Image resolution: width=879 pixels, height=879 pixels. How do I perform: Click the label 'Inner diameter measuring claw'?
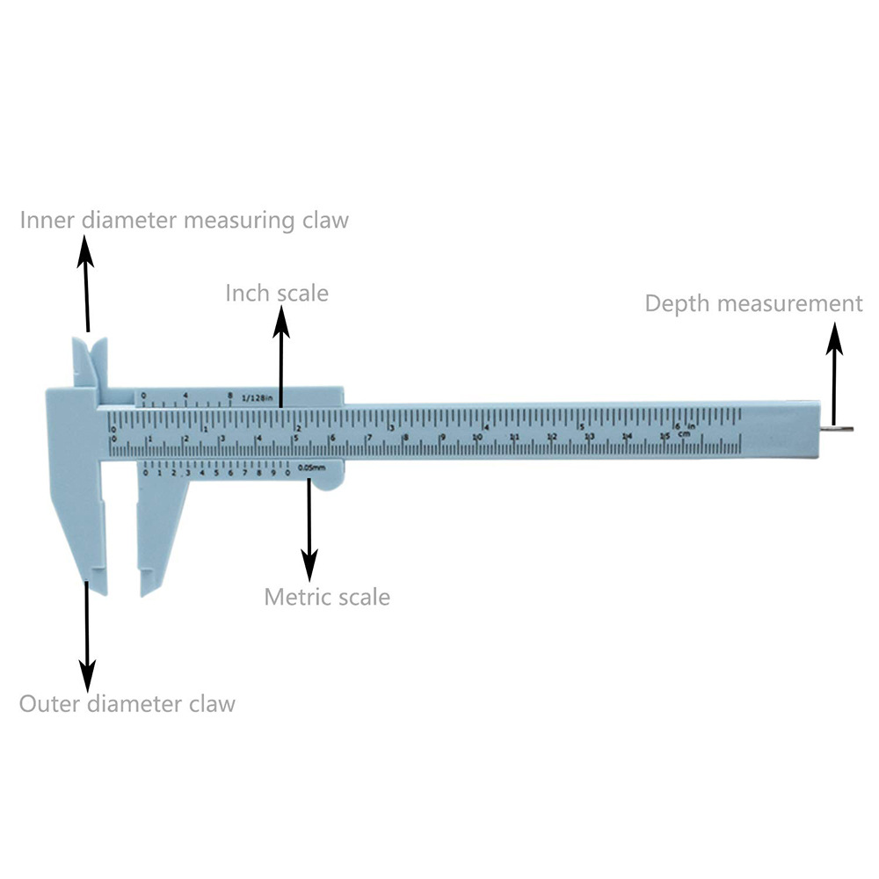(185, 219)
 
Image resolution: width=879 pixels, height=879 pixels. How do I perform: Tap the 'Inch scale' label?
(277, 293)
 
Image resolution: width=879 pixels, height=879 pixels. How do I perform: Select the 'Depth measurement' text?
(753, 304)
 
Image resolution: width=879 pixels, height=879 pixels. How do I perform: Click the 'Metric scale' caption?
(327, 598)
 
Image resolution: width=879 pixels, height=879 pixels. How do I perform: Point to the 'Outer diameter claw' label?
(127, 704)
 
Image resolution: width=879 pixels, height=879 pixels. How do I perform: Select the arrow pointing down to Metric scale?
(309, 527)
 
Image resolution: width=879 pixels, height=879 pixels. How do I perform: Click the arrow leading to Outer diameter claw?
(86, 633)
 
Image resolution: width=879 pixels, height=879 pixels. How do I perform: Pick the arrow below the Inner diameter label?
(85, 281)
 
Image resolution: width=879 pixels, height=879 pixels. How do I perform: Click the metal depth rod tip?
(842, 429)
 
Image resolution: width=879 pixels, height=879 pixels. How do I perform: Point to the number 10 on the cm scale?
(477, 437)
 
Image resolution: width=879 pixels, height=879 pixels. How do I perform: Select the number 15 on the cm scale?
(665, 437)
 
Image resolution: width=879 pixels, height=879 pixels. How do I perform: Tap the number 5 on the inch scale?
(579, 427)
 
